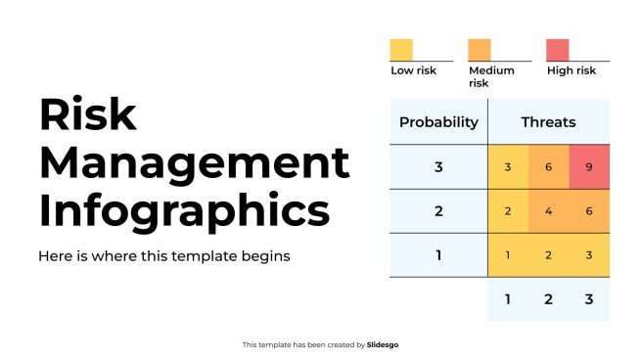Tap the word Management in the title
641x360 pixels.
193,162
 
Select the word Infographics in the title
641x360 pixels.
184,210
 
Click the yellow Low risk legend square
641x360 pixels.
401,50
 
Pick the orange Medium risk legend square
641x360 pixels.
480,50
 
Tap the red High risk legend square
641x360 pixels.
557,50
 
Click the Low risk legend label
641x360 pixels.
415,70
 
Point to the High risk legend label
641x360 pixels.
571,70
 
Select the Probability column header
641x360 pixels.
438,122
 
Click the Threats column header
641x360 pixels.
548,122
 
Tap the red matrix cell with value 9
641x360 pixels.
589,166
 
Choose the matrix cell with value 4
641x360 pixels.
548,211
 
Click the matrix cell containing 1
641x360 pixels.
508,255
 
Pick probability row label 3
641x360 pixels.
438,166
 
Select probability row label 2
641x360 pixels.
438,211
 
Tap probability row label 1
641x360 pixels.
438,255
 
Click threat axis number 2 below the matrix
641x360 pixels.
548,299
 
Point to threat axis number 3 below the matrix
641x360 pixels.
589,299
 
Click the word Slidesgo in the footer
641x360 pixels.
383,344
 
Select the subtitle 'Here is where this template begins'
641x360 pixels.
164,256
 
